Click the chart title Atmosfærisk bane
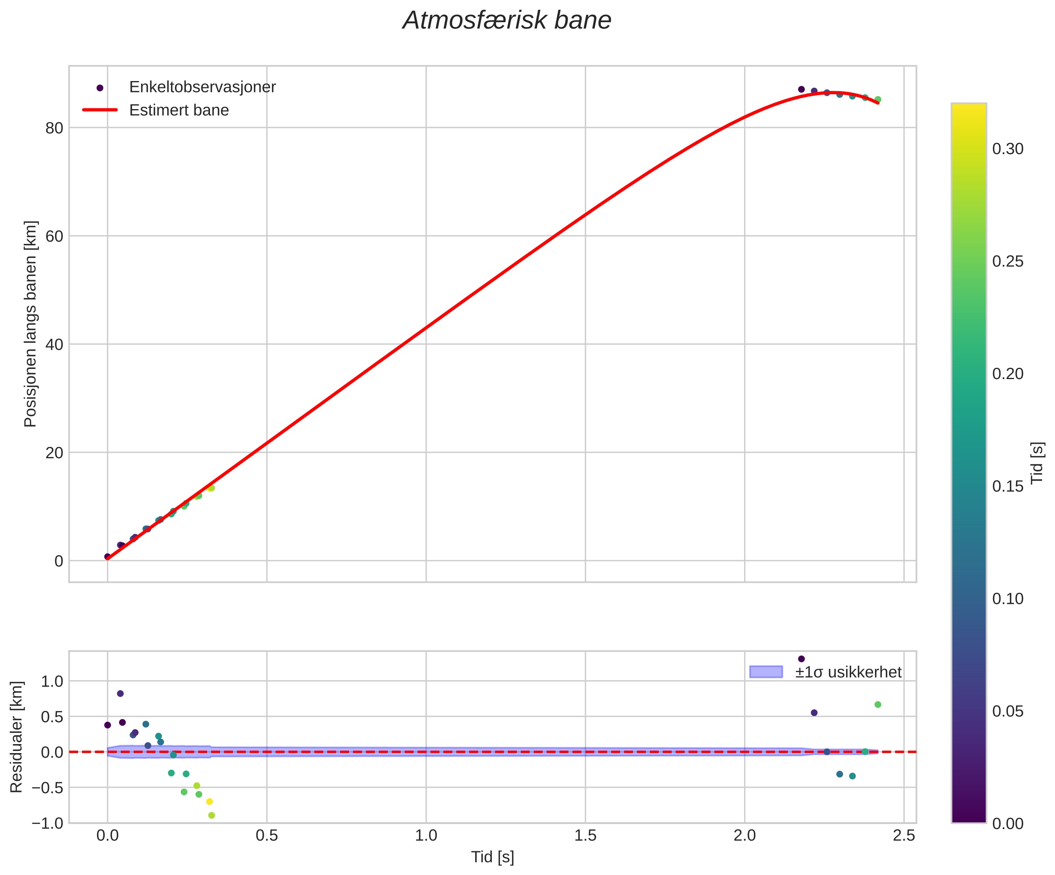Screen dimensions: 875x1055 tap(507, 21)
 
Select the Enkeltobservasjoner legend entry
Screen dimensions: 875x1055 tap(202, 87)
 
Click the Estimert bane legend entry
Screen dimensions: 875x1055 tap(179, 110)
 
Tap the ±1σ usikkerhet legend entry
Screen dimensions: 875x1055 tap(848, 672)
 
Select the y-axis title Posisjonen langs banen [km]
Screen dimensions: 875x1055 tap(31, 324)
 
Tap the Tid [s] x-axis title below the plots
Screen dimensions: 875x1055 tap(492, 857)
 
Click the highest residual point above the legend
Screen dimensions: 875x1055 tap(801, 658)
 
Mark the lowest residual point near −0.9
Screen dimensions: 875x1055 tap(212, 815)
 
